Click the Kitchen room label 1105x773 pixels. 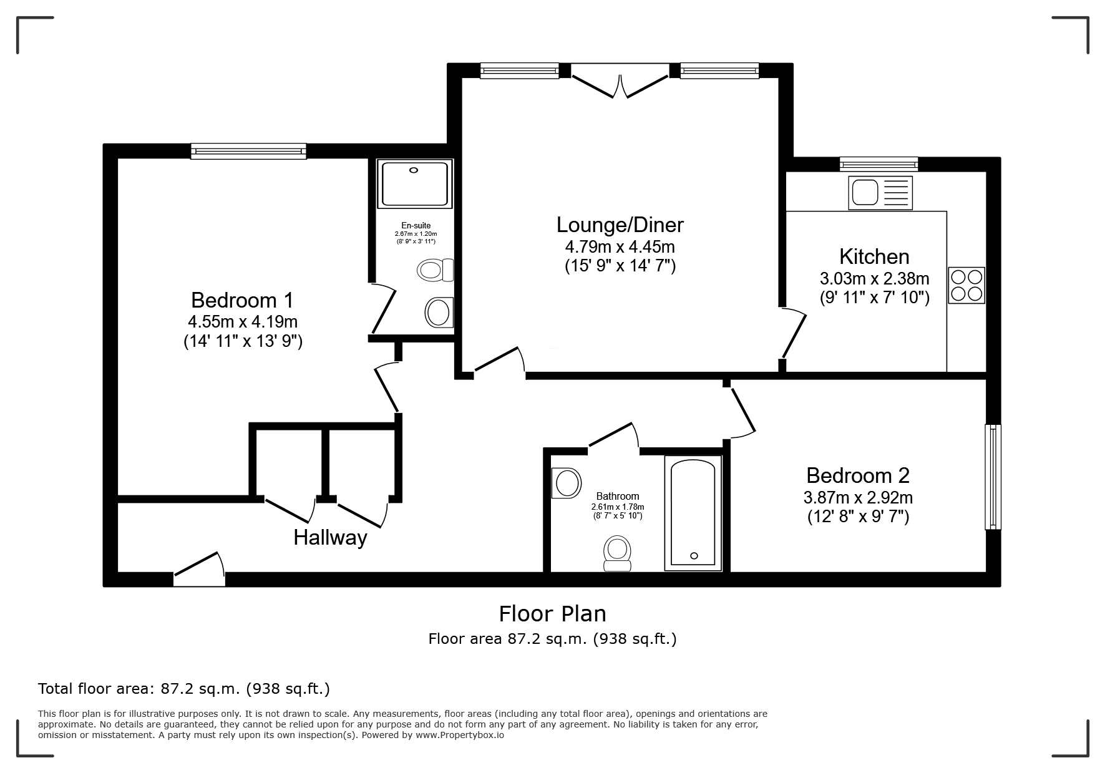pos(874,256)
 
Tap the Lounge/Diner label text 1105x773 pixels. pos(620,225)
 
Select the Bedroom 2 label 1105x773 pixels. pos(858,475)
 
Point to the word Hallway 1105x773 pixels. pos(330,537)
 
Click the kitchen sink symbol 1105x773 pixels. pos(880,192)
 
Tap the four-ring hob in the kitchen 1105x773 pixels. pos(966,285)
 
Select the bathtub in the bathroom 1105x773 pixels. pos(693,512)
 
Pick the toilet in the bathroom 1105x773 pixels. pos(617,553)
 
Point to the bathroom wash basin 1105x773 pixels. pos(567,483)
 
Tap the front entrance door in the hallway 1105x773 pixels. pos(198,569)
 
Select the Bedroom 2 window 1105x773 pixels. pos(993,477)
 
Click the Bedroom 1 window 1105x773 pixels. pos(248,151)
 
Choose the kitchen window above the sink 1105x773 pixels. pos(879,164)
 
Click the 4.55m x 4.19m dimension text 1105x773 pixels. pos(243,322)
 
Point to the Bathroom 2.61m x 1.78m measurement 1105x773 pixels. pos(618,507)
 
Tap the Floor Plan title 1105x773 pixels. pos(552,614)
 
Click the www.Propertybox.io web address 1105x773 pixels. pos(460,735)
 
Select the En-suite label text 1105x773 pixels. pos(416,226)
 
